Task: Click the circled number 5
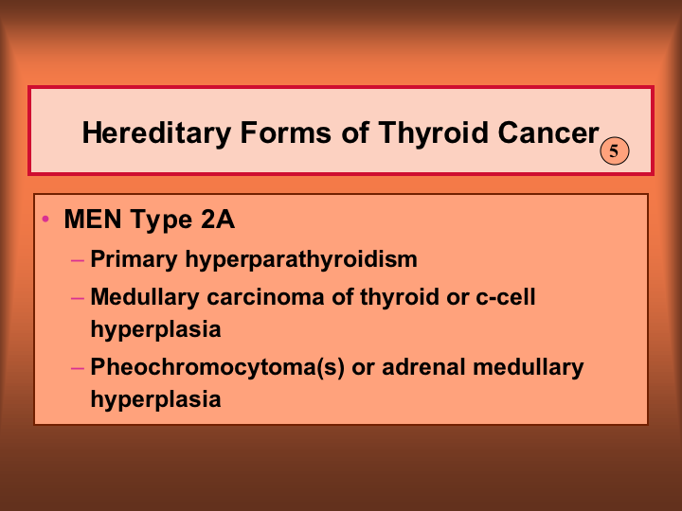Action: click(x=614, y=150)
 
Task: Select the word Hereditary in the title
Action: click(x=156, y=133)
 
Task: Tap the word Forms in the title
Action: click(x=286, y=132)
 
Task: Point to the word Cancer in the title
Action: click(x=548, y=132)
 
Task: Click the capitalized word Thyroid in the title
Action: click(x=433, y=133)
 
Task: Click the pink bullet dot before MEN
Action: click(x=45, y=219)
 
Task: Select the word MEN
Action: click(x=93, y=219)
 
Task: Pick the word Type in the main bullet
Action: click(x=161, y=220)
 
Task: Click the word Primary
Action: click(x=134, y=260)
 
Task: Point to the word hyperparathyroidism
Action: click(x=301, y=260)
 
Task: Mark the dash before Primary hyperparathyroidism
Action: click(x=78, y=261)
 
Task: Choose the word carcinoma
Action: click(x=265, y=297)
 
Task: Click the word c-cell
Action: click(x=506, y=297)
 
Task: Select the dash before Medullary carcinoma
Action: click(x=78, y=298)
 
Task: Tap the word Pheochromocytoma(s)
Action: click(x=218, y=367)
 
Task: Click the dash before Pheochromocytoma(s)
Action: click(x=78, y=367)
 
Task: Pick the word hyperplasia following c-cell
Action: click(x=155, y=330)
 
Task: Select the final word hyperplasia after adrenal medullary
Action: click(x=155, y=399)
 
